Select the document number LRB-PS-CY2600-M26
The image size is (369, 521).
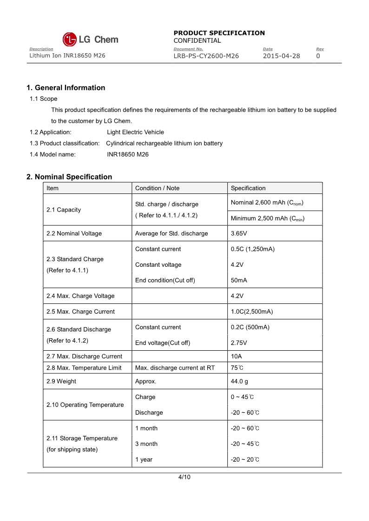pyautogui.click(x=206, y=56)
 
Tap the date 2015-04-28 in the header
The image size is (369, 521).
pyautogui.click(x=281, y=56)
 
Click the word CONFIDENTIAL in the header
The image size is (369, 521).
pyautogui.click(x=197, y=41)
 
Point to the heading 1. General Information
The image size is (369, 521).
pyautogui.click(x=66, y=88)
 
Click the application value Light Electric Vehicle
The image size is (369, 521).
pyautogui.click(x=135, y=132)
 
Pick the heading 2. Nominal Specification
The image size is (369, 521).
pyautogui.click(x=69, y=177)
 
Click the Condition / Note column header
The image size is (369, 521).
pyautogui.click(x=157, y=188)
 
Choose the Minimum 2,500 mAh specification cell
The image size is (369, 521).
pyautogui.click(x=267, y=219)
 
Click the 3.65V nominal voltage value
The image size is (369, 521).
pyautogui.click(x=239, y=233)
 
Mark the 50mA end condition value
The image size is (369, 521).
pyautogui.click(x=239, y=280)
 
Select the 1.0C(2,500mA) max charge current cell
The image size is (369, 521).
pyautogui.click(x=252, y=312)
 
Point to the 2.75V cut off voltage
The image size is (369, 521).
pyautogui.click(x=239, y=343)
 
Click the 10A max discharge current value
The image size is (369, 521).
pyautogui.click(x=237, y=356)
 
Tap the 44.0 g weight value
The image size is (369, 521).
pyautogui.click(x=239, y=381)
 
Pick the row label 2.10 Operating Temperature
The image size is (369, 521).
pyautogui.click(x=85, y=405)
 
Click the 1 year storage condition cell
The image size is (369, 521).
pyautogui.click(x=144, y=459)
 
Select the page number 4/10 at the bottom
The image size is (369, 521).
pyautogui.click(x=184, y=477)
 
